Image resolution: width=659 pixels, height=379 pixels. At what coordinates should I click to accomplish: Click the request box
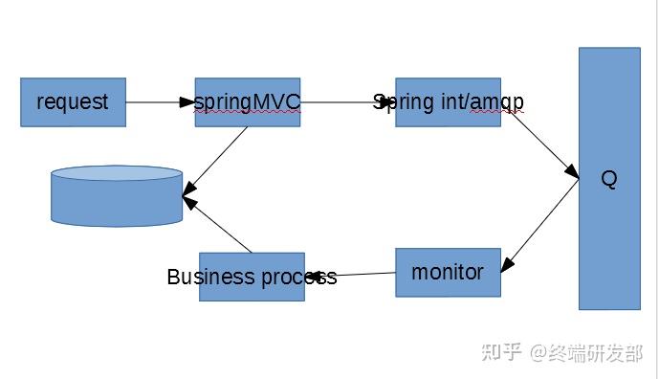(73, 102)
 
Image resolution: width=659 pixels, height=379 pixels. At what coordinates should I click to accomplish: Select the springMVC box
(247, 102)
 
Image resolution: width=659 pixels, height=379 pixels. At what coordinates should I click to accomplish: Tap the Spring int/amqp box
(448, 102)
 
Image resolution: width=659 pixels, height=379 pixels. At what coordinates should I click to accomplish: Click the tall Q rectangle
(609, 178)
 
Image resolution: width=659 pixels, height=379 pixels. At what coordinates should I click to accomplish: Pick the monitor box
(448, 272)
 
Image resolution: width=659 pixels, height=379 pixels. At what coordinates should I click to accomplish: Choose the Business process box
(252, 277)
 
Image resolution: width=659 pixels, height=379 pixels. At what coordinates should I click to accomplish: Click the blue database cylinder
(117, 196)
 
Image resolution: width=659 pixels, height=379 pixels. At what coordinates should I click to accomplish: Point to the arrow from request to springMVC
(159, 101)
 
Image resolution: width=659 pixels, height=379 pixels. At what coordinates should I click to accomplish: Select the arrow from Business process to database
(218, 226)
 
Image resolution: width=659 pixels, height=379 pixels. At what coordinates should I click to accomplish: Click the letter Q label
(609, 179)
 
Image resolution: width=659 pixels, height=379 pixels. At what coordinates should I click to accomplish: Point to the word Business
(210, 278)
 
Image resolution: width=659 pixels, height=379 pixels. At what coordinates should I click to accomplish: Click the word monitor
(448, 272)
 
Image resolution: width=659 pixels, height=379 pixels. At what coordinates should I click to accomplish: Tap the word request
(73, 102)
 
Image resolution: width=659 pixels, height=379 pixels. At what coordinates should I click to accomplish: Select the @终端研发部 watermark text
(588, 352)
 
